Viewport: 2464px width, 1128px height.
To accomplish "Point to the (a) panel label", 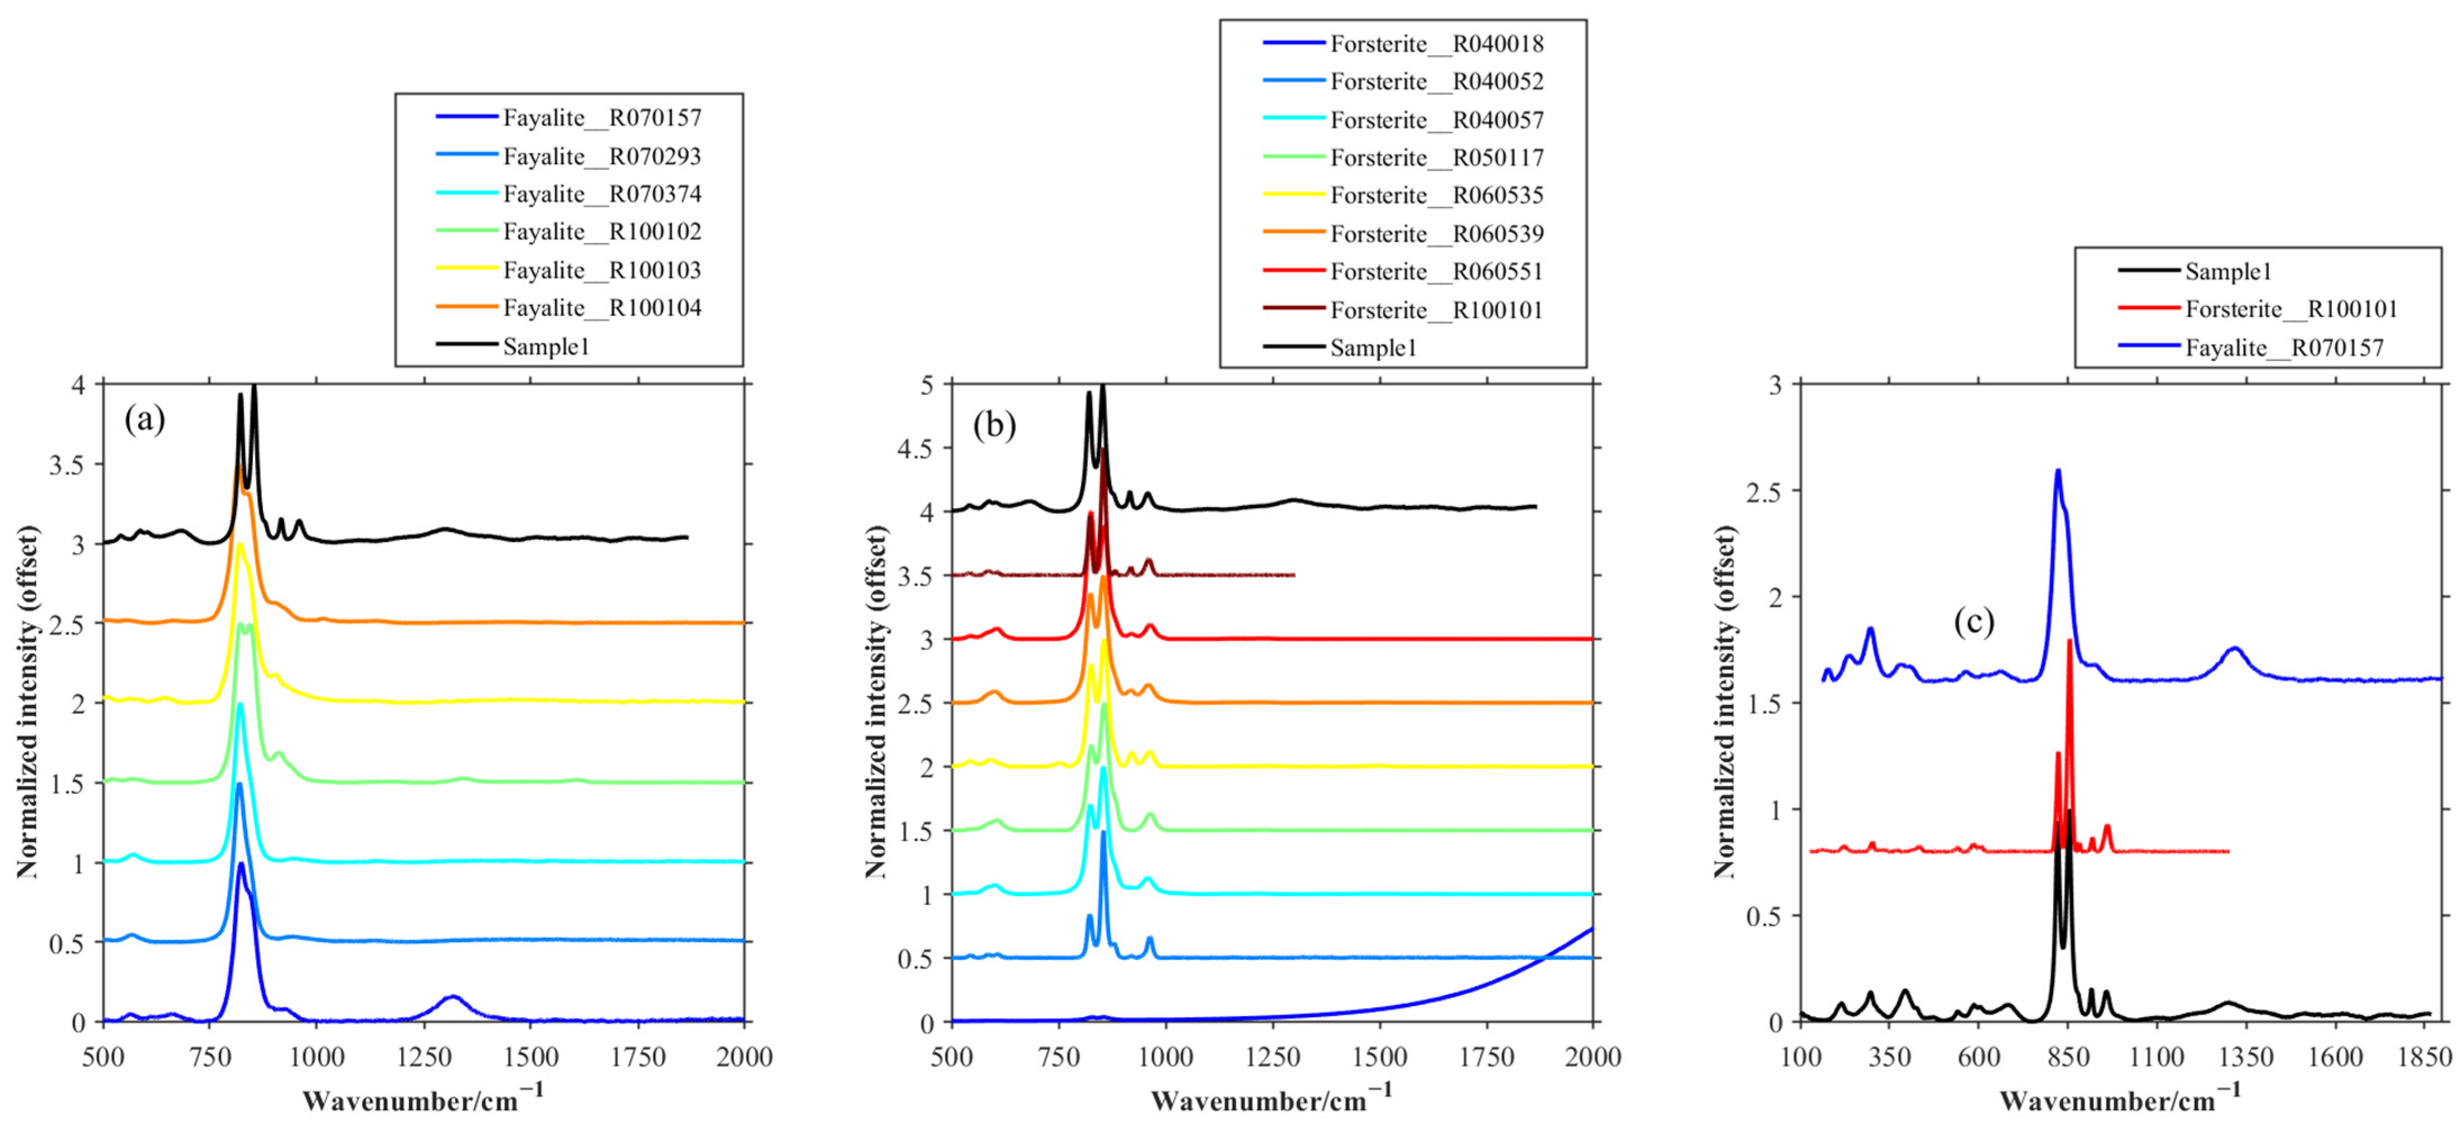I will click(x=144, y=419).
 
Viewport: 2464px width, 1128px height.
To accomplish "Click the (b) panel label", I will click(x=994, y=425).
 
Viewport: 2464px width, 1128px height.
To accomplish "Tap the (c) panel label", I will click(x=1974, y=622).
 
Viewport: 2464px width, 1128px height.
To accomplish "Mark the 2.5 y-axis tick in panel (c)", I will click(x=1764, y=492).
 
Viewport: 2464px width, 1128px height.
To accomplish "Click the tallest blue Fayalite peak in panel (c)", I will click(x=2057, y=471).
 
